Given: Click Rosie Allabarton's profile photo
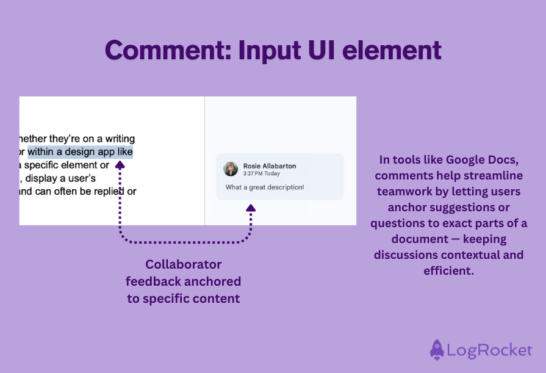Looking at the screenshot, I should point(231,169).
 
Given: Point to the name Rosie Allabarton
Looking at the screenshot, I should point(270,166).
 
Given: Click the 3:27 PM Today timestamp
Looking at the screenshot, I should point(262,174).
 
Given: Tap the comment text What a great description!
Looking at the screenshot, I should point(265,187).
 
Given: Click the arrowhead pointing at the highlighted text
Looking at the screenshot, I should point(120,164).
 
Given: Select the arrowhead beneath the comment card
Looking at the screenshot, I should point(251,209).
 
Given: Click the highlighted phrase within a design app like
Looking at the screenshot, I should point(80,152).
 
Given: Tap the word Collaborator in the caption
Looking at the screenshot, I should point(184,264).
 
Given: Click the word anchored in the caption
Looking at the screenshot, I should point(211,281).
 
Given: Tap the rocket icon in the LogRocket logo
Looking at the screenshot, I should point(437,349).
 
